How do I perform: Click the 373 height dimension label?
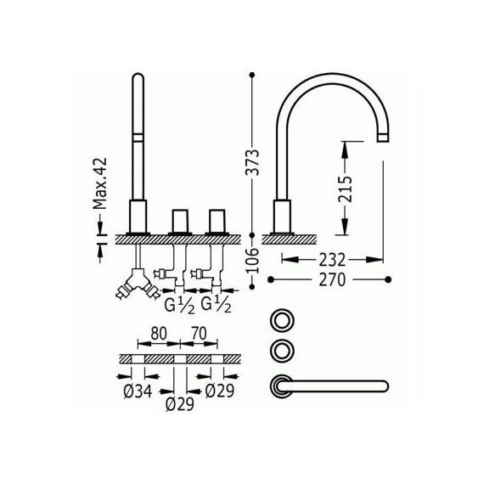pos(252,162)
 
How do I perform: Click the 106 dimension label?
pos(252,260)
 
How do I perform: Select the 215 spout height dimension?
pos(345,189)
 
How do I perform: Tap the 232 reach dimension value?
pos(332,260)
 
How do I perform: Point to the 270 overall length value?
pos(332,279)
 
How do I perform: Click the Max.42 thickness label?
pos(100,183)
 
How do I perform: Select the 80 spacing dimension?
pos(159,334)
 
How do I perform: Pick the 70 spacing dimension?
pos(199,334)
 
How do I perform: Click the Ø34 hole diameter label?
pos(138,391)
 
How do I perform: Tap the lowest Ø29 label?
pos(180,404)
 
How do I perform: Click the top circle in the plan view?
pos(282,320)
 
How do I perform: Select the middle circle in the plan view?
pos(282,350)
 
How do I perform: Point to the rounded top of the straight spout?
pos(138,76)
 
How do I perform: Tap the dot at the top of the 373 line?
pos(252,75)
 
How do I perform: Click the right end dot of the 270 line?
pos(388,279)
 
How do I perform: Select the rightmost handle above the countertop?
pos(217,221)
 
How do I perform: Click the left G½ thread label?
pos(179,306)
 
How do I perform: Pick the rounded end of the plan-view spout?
pos(386,386)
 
